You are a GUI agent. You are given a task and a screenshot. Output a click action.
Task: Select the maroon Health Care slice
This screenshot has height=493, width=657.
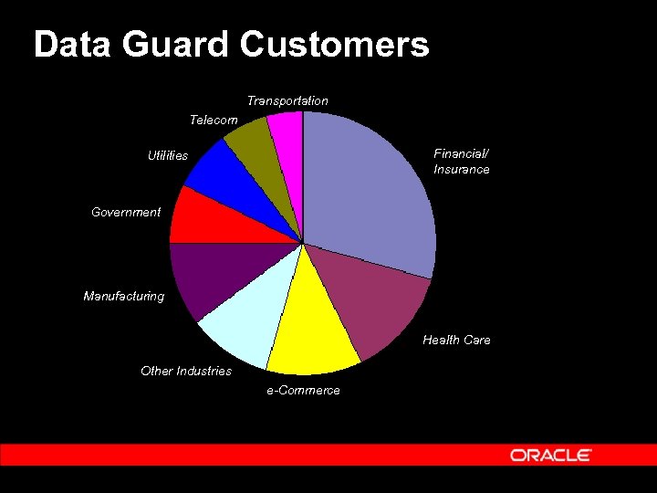click(x=374, y=306)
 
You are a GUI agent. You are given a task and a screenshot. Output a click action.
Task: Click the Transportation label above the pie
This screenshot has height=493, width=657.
click(x=287, y=100)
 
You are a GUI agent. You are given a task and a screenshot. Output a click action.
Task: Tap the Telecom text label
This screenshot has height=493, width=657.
click(x=214, y=120)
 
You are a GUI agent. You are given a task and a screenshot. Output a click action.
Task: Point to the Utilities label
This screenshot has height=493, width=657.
click(x=168, y=156)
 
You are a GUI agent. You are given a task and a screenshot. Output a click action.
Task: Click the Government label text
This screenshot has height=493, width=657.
click(x=126, y=212)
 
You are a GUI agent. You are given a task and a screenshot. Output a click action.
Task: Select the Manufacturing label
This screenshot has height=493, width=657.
click(x=124, y=296)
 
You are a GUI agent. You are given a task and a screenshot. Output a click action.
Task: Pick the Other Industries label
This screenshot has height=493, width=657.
click(x=186, y=371)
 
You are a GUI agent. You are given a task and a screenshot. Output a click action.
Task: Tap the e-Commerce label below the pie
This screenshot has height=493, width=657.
click(x=303, y=391)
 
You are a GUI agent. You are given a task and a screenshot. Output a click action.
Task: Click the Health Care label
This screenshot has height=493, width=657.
click(x=456, y=340)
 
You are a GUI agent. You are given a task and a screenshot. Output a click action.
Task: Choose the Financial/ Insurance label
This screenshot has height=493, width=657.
click(x=462, y=162)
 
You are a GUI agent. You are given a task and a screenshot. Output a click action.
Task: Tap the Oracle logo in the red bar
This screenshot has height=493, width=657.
click(x=551, y=455)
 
